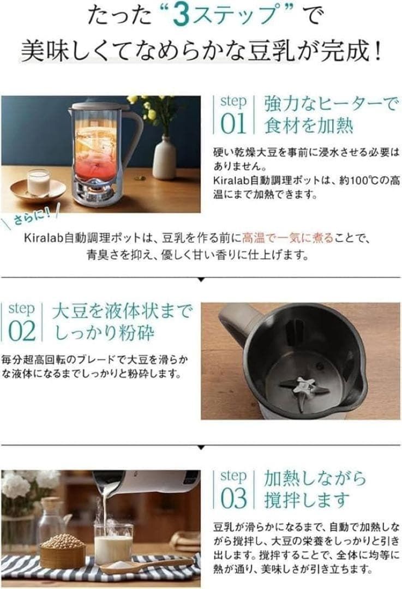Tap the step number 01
[x=233, y=124]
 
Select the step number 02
[x=22, y=331]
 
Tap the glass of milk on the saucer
[x=38, y=182]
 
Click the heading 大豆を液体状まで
[x=122, y=311]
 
